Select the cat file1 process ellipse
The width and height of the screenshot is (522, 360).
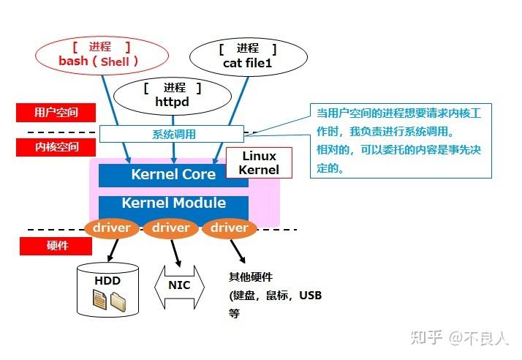point(248,56)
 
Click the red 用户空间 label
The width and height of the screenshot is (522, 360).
point(56,113)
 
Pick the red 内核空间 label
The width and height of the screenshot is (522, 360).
point(56,146)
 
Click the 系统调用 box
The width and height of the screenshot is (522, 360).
point(173,135)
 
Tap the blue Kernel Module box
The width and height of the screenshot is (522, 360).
point(173,203)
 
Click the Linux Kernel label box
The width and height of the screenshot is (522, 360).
point(259,162)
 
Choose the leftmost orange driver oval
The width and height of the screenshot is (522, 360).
point(112,228)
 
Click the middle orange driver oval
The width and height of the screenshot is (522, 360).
point(171,228)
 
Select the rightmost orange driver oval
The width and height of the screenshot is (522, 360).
point(229,228)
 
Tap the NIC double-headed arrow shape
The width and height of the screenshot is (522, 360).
point(179,285)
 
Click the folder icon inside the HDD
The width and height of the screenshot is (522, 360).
point(119,300)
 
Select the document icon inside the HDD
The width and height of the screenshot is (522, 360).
point(99,299)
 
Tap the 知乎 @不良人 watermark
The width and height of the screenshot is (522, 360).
point(458,337)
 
